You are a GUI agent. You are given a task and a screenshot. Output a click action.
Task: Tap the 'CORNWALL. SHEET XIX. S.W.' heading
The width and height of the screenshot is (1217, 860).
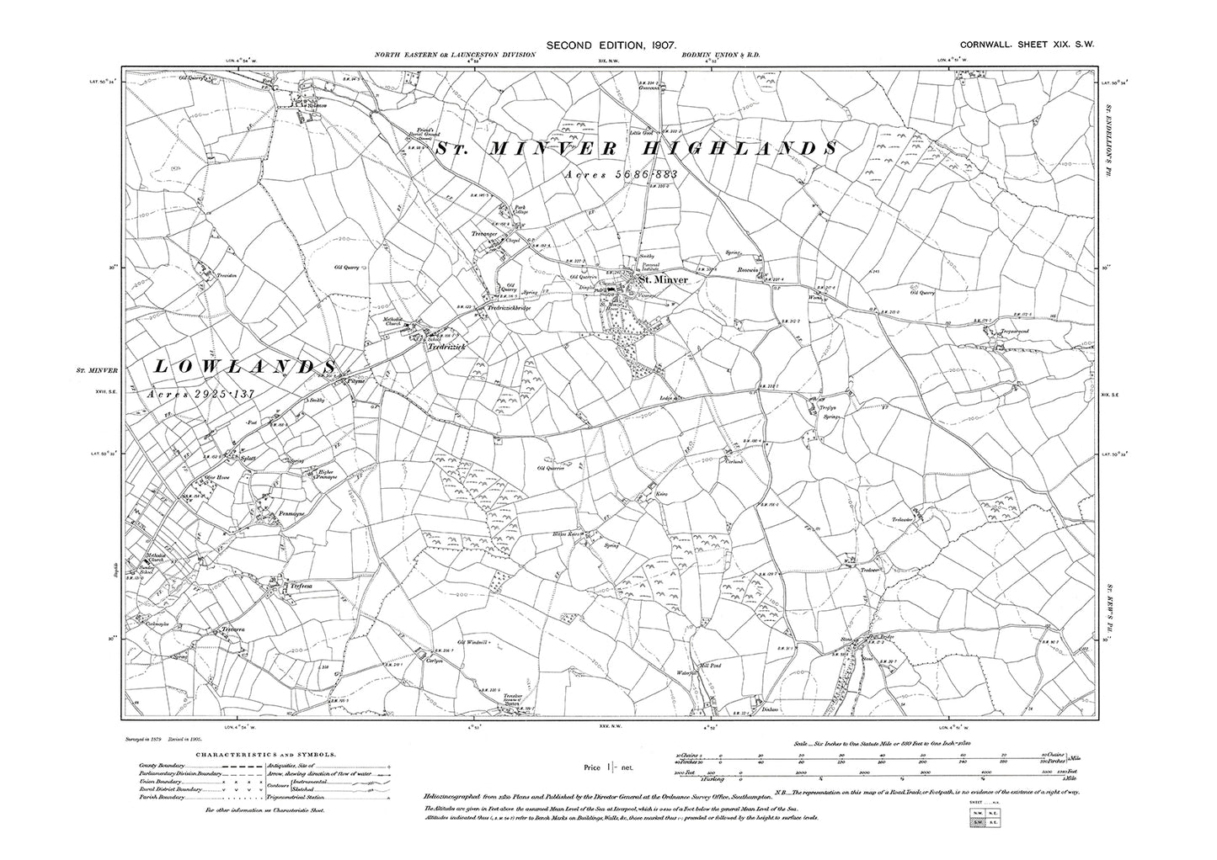click(x=1028, y=46)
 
